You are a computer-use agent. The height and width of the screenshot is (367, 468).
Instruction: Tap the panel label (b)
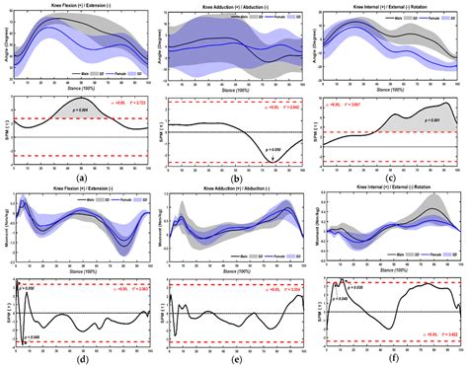[236, 175]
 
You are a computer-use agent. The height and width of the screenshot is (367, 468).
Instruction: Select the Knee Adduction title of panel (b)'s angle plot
[235, 5]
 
